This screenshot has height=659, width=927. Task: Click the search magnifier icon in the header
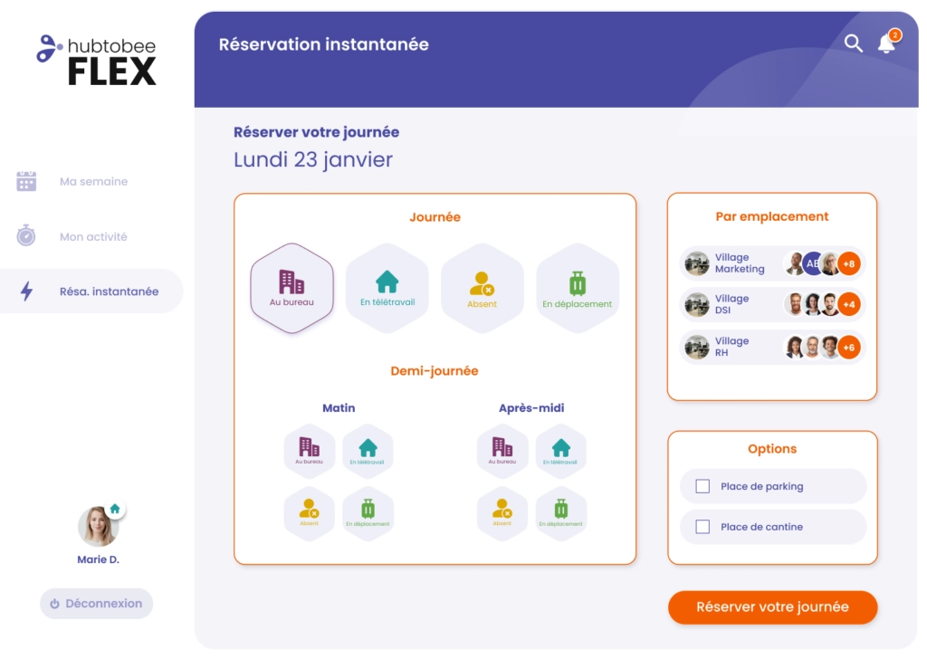853,43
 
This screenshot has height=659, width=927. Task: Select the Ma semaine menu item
93,181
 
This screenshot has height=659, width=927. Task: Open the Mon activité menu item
93,236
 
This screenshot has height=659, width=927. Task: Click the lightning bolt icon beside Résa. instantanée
26,291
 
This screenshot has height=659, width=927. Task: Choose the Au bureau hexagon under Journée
292,289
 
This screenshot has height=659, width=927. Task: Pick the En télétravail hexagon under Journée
387,289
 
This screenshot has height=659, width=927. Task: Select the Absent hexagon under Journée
483,289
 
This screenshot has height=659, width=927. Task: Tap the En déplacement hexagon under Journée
578,289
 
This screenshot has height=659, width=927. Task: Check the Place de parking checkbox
702,486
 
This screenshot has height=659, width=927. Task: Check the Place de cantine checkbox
702,527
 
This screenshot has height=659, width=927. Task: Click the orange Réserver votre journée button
773,607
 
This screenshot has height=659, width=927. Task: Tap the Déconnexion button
96,604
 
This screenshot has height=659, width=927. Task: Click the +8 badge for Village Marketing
849,263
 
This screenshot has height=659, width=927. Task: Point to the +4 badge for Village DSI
849,304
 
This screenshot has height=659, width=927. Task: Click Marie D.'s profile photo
98,526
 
